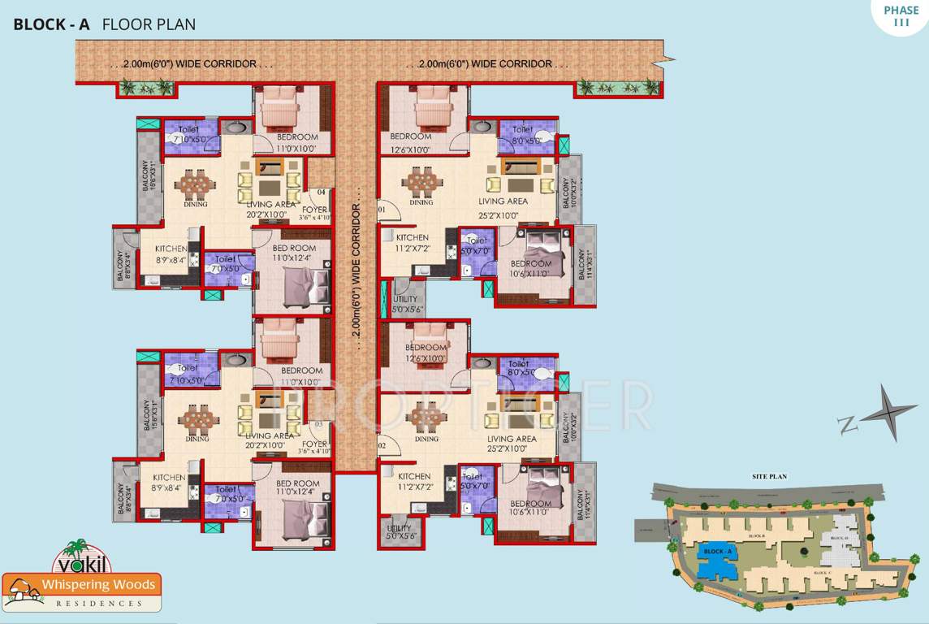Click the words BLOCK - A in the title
51,24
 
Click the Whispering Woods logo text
81,586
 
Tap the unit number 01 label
383,210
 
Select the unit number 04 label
322,193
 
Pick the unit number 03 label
319,424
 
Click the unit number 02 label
383,446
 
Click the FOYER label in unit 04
314,210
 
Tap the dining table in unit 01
421,181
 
